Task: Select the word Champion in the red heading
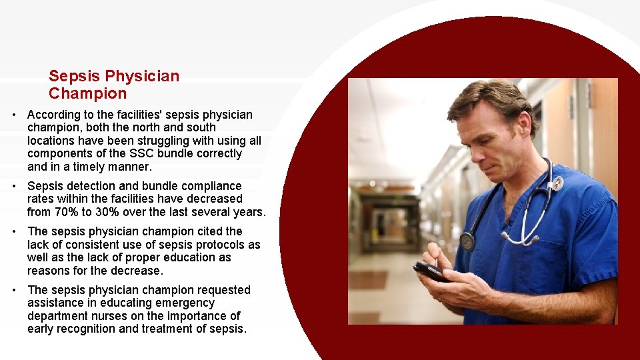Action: click(x=87, y=93)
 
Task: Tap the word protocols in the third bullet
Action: click(x=221, y=245)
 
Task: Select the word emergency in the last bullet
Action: click(x=187, y=303)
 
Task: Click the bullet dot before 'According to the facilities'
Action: click(x=14, y=115)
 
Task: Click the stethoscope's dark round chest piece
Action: click(x=467, y=241)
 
